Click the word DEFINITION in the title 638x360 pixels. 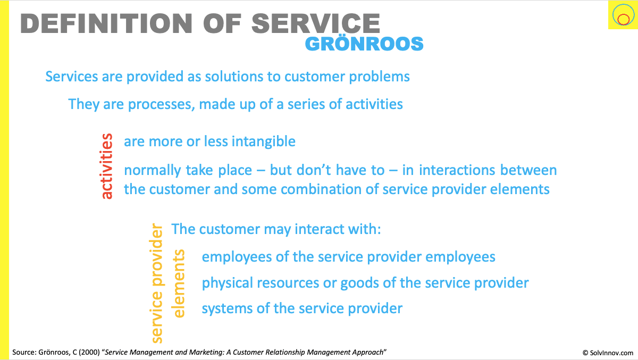tap(106, 23)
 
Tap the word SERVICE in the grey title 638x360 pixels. tap(316, 23)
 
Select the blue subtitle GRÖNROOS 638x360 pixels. tap(364, 44)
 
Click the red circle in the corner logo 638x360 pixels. tap(623, 19)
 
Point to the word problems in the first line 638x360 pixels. tap(380, 77)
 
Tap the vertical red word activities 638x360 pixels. tap(106, 166)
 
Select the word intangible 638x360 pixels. tap(264, 141)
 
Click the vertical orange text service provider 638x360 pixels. tap(156, 283)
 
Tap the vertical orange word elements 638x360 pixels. tap(179, 283)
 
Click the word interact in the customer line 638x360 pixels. tap(314, 229)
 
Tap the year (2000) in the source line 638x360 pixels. tap(89, 353)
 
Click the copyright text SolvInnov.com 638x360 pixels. tap(608, 353)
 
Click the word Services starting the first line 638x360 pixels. tap(71, 77)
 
